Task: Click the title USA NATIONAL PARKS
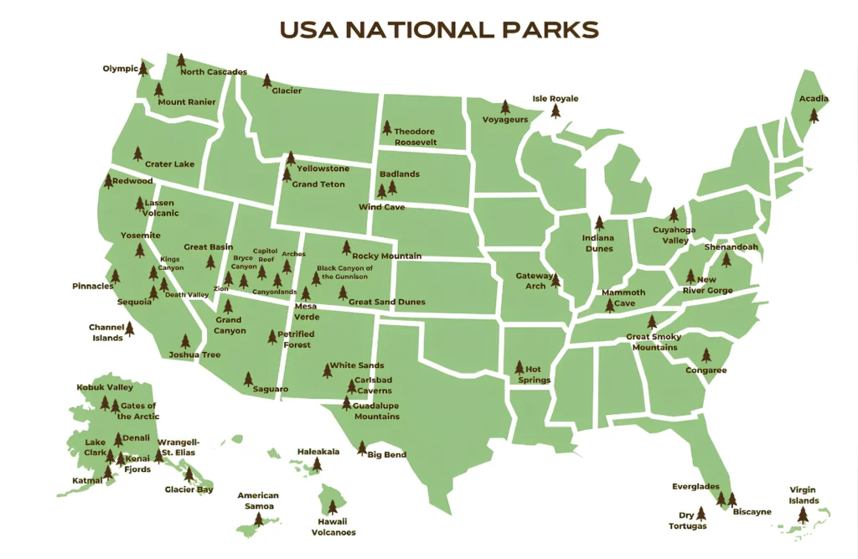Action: coord(439,30)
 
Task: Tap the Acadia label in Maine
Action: coord(813,99)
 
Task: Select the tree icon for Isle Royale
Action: coord(555,111)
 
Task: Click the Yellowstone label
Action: coord(323,169)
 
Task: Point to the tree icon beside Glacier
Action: coord(267,81)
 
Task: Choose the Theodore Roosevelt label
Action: coord(415,137)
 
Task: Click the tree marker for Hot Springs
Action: coord(519,368)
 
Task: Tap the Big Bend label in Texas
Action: coord(387,455)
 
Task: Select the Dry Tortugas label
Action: coord(686,520)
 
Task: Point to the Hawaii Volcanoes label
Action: coord(333,526)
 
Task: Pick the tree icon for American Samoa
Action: coord(258,520)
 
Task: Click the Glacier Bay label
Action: coord(189,489)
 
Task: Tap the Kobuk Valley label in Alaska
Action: coord(105,388)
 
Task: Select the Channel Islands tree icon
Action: coord(130,330)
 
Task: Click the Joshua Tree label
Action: coord(194,355)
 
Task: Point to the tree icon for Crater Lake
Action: coord(139,153)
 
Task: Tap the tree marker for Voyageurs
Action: coord(505,108)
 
